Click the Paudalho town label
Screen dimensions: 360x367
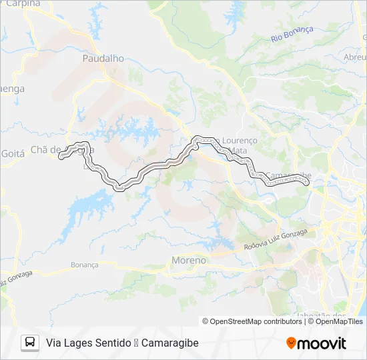click(x=103, y=59)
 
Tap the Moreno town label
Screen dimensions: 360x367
click(x=189, y=260)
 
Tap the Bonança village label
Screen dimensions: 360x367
click(x=85, y=265)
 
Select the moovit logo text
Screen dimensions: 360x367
click(x=322, y=343)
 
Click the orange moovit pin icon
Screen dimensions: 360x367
click(x=291, y=343)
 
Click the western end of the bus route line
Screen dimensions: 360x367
click(x=61, y=157)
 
